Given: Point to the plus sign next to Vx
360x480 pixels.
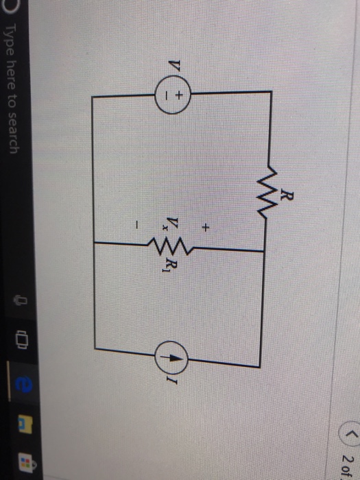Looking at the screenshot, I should (x=204, y=226).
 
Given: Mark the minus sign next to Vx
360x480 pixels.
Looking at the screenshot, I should (x=137, y=224).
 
